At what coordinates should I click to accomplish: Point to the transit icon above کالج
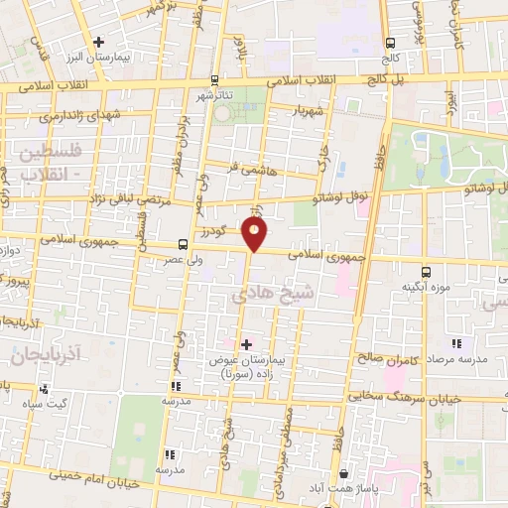tap(390, 43)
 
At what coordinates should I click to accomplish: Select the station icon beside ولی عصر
tap(182, 244)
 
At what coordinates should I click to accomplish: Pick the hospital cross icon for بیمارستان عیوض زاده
tap(246, 344)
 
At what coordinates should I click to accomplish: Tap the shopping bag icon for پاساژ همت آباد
tap(342, 474)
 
